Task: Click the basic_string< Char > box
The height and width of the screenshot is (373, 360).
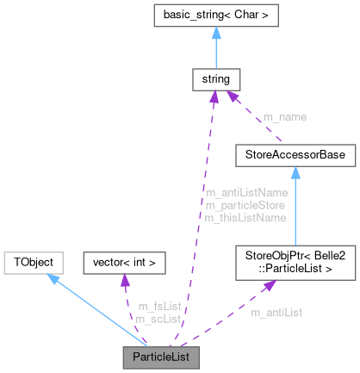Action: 215,15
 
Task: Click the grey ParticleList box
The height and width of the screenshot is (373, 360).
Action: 161,356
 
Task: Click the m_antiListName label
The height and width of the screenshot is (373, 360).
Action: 246,192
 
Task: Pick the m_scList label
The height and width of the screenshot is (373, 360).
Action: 158,319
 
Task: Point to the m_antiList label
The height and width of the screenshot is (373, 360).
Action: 278,311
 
